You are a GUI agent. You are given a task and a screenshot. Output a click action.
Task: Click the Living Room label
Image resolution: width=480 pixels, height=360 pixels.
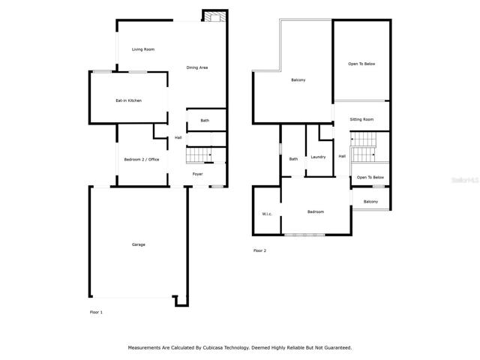143,49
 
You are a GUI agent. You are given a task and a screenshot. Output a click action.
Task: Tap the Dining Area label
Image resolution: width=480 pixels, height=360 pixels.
197,67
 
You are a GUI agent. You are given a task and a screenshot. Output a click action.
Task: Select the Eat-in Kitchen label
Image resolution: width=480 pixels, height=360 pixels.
128,100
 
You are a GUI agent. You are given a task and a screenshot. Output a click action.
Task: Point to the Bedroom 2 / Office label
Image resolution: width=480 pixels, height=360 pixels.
142,160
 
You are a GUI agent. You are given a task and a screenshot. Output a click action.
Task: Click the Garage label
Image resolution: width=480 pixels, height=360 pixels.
138,244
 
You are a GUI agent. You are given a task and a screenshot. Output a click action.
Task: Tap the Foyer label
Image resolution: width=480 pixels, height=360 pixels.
197,174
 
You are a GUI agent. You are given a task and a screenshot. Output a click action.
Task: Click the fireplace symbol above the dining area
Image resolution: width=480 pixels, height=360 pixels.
215,16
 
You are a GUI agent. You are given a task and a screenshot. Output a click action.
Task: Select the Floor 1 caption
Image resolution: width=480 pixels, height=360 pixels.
96,312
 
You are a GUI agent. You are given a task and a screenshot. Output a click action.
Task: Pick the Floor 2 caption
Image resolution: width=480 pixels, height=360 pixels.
260,250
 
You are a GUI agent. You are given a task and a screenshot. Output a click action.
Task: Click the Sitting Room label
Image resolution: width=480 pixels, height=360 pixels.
361,119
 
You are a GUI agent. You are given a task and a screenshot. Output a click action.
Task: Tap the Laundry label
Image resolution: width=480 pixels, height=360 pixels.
318,157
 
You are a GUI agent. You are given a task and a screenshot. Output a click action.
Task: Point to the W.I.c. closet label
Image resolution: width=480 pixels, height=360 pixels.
267,214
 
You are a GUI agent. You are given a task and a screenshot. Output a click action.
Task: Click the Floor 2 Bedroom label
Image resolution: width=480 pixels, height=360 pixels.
316,211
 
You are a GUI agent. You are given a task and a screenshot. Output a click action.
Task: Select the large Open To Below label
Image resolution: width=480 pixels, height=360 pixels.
361,64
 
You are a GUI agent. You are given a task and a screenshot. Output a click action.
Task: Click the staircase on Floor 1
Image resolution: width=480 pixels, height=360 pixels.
199,155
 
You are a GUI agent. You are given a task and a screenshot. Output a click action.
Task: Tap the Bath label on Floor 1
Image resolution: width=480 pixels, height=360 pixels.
205,121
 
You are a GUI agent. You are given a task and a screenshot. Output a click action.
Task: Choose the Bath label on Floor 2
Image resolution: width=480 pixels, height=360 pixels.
293,159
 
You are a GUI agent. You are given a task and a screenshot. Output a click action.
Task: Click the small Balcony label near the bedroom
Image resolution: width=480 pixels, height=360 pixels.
370,202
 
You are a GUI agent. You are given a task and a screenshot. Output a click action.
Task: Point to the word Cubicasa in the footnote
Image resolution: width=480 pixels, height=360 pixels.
212,348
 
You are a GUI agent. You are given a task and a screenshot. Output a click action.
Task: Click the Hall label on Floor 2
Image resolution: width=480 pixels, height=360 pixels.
342,156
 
